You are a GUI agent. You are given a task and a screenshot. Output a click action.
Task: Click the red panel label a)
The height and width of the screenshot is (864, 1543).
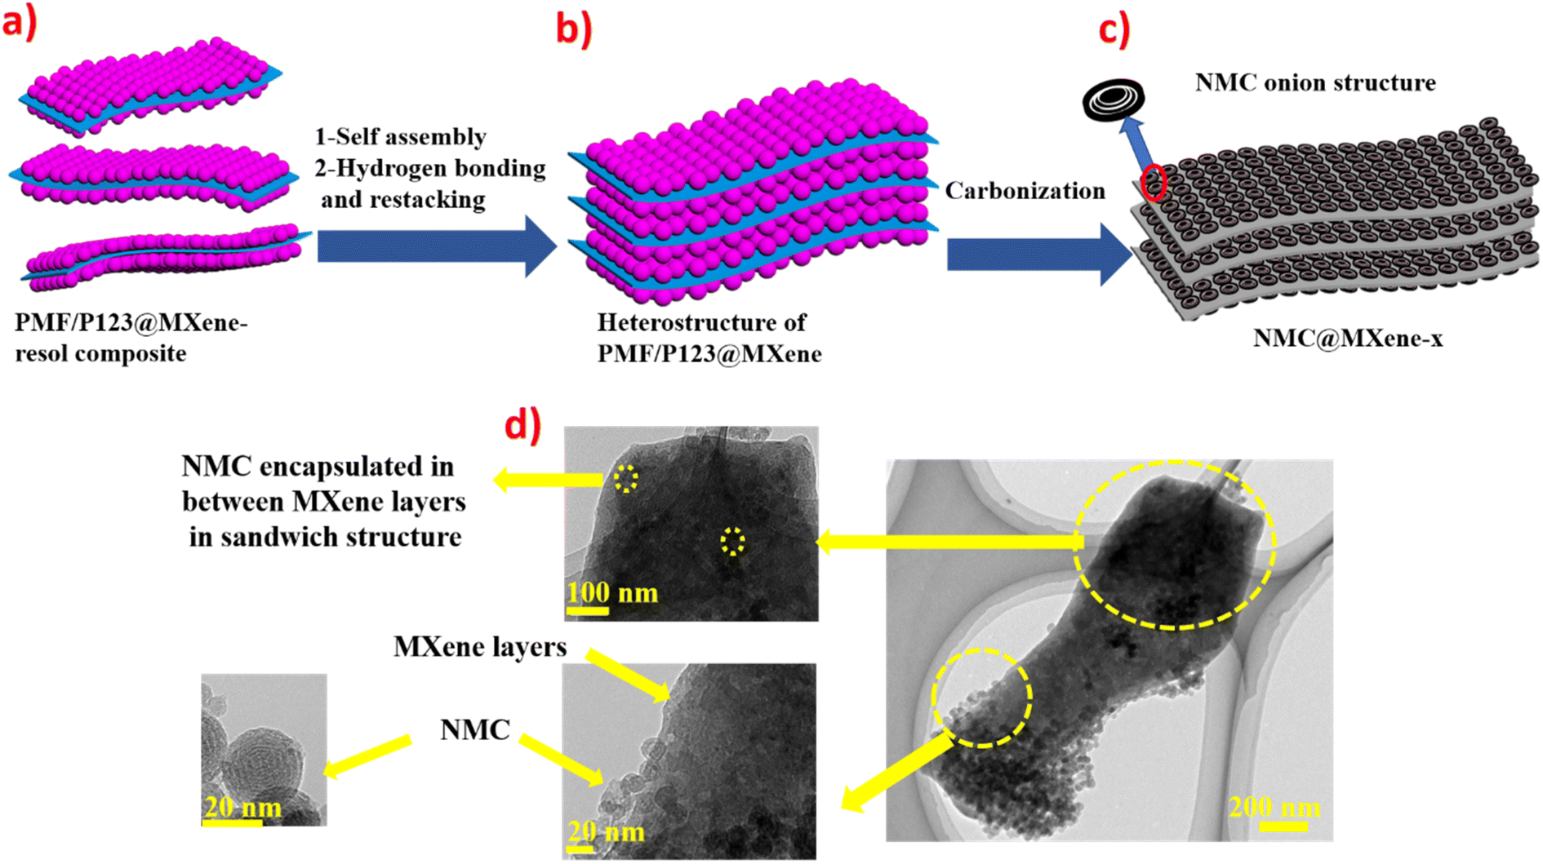coord(20,23)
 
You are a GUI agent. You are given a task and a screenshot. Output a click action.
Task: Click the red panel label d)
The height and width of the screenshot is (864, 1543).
coord(522,424)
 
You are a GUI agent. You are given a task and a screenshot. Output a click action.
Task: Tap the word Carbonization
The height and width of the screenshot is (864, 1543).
coord(1025,191)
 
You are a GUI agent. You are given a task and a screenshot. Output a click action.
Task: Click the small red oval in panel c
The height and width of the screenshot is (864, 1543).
coord(1153,182)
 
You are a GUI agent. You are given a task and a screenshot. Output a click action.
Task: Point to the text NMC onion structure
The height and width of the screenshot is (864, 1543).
coord(1314,82)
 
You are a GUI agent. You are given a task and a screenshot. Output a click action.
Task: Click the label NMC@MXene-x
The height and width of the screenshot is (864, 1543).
coord(1347,338)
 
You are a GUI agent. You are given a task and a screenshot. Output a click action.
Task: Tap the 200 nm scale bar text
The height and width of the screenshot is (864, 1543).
coord(1274,808)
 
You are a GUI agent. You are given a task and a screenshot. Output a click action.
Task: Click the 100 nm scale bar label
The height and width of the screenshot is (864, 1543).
coord(612,592)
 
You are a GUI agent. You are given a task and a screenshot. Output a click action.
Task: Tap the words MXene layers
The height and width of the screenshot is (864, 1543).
coord(479,647)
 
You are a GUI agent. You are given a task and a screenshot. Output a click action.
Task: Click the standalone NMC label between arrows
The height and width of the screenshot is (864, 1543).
coord(474,729)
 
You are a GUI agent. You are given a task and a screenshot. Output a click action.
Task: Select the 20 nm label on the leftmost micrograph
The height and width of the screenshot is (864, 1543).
coord(242,808)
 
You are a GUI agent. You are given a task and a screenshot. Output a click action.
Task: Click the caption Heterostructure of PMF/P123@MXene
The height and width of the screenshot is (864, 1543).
coord(708,338)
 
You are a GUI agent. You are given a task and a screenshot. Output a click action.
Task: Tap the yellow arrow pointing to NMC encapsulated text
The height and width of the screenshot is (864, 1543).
coord(547,480)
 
